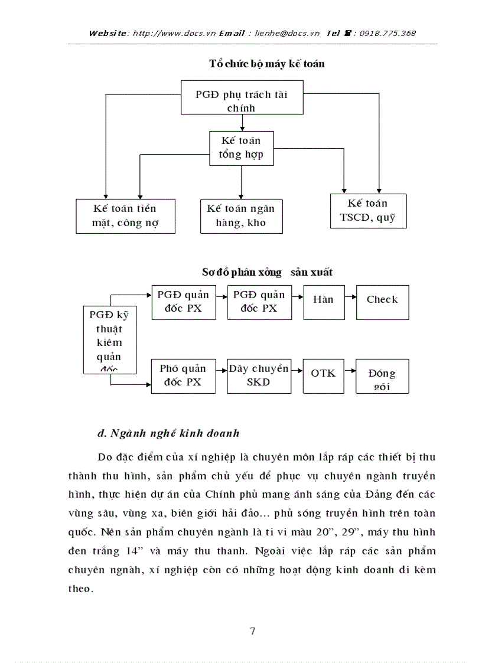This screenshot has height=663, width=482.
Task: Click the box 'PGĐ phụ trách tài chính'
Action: tap(242, 100)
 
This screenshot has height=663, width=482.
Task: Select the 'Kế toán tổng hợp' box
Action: tap(241, 148)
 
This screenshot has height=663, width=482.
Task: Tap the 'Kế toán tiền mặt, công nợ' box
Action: tap(125, 215)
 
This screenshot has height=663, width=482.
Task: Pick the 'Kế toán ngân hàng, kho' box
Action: tap(241, 215)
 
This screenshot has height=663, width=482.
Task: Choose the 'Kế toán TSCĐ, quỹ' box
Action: tap(367, 211)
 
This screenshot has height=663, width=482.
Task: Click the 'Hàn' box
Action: tap(323, 303)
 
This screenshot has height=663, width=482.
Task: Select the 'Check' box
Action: tap(382, 303)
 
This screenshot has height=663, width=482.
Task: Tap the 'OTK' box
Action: tap(323, 376)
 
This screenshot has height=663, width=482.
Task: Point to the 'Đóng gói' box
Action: tap(382, 376)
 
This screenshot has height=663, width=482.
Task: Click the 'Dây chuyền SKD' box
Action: tap(259, 376)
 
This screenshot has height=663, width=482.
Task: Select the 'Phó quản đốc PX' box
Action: tap(183, 376)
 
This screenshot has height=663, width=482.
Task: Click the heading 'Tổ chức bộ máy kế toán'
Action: tap(267, 64)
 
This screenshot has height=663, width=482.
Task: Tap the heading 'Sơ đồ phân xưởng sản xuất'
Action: tap(267, 272)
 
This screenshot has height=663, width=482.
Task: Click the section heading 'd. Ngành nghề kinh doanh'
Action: tap(168, 433)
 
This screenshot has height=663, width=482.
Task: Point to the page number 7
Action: tap(253, 631)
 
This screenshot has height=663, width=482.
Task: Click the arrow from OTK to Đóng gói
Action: tap(349, 371)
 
